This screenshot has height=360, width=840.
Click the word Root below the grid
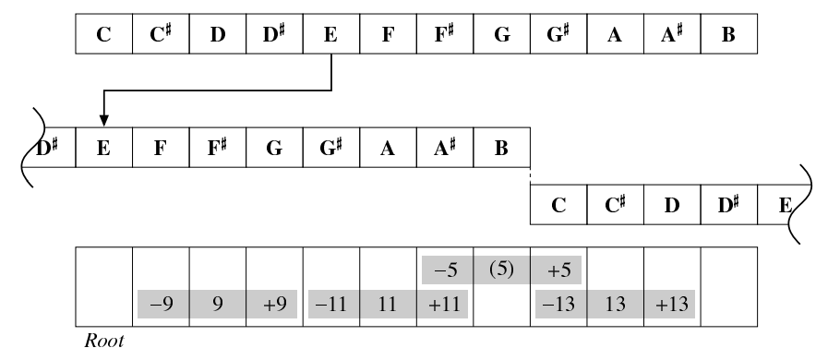[x=104, y=341]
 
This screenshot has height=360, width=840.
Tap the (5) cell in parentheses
[x=501, y=270]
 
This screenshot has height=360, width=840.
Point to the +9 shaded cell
[x=271, y=305]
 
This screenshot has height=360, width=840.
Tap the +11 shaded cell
[x=442, y=305]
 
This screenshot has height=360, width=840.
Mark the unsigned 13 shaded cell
[x=616, y=305]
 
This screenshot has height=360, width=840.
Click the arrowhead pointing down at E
[x=104, y=120]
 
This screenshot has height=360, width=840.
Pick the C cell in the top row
[x=104, y=34]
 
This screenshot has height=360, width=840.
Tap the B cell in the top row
[x=729, y=34]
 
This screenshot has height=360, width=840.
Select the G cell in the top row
[x=502, y=34]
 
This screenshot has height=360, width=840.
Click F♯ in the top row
[x=445, y=34]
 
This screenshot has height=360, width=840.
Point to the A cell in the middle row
[x=389, y=148]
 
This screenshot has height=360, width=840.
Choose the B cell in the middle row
[x=502, y=148]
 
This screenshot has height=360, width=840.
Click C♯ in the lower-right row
[x=616, y=205]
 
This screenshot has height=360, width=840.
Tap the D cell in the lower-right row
[x=672, y=205]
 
